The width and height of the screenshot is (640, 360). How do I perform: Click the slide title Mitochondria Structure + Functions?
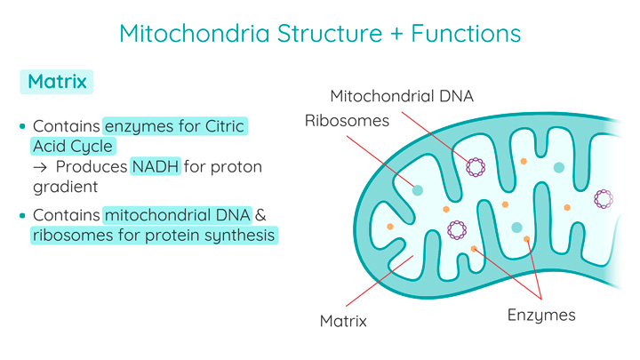point(319,34)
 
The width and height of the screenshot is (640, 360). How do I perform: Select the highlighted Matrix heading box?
point(57,82)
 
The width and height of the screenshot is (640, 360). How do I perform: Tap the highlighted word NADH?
point(156,167)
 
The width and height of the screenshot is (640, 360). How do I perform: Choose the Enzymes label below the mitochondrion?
point(541,315)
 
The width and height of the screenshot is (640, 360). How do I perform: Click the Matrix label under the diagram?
point(343,320)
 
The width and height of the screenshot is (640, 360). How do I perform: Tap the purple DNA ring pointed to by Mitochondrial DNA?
point(476,166)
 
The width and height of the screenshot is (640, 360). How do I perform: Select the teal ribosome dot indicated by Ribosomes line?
point(417,189)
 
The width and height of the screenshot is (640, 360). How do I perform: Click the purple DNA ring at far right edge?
point(604,199)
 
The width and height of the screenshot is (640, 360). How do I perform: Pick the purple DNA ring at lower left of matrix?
point(458,229)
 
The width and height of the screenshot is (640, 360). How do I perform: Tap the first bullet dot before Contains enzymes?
point(23,127)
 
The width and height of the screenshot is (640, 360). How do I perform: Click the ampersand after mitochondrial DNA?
point(261,215)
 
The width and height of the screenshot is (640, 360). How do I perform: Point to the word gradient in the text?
point(64,187)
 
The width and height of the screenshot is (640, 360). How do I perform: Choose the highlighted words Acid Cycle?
point(73,147)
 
